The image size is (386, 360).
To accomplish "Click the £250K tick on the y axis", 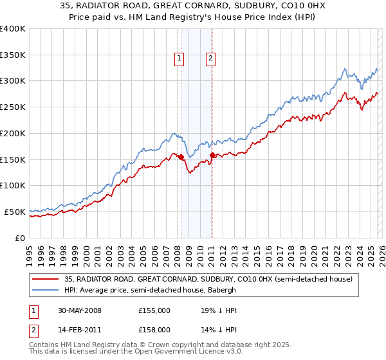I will (x=13, y=107).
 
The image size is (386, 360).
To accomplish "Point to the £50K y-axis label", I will (x=15, y=212).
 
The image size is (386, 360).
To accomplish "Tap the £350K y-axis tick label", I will (x=13, y=55).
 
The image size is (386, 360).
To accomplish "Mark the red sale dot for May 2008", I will (x=181, y=157).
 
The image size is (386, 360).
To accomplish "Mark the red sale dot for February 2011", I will (x=212, y=155).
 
